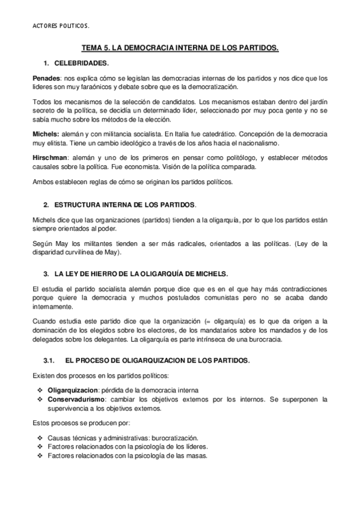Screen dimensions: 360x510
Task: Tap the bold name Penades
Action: (46, 79)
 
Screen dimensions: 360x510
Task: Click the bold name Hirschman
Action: (49, 155)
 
